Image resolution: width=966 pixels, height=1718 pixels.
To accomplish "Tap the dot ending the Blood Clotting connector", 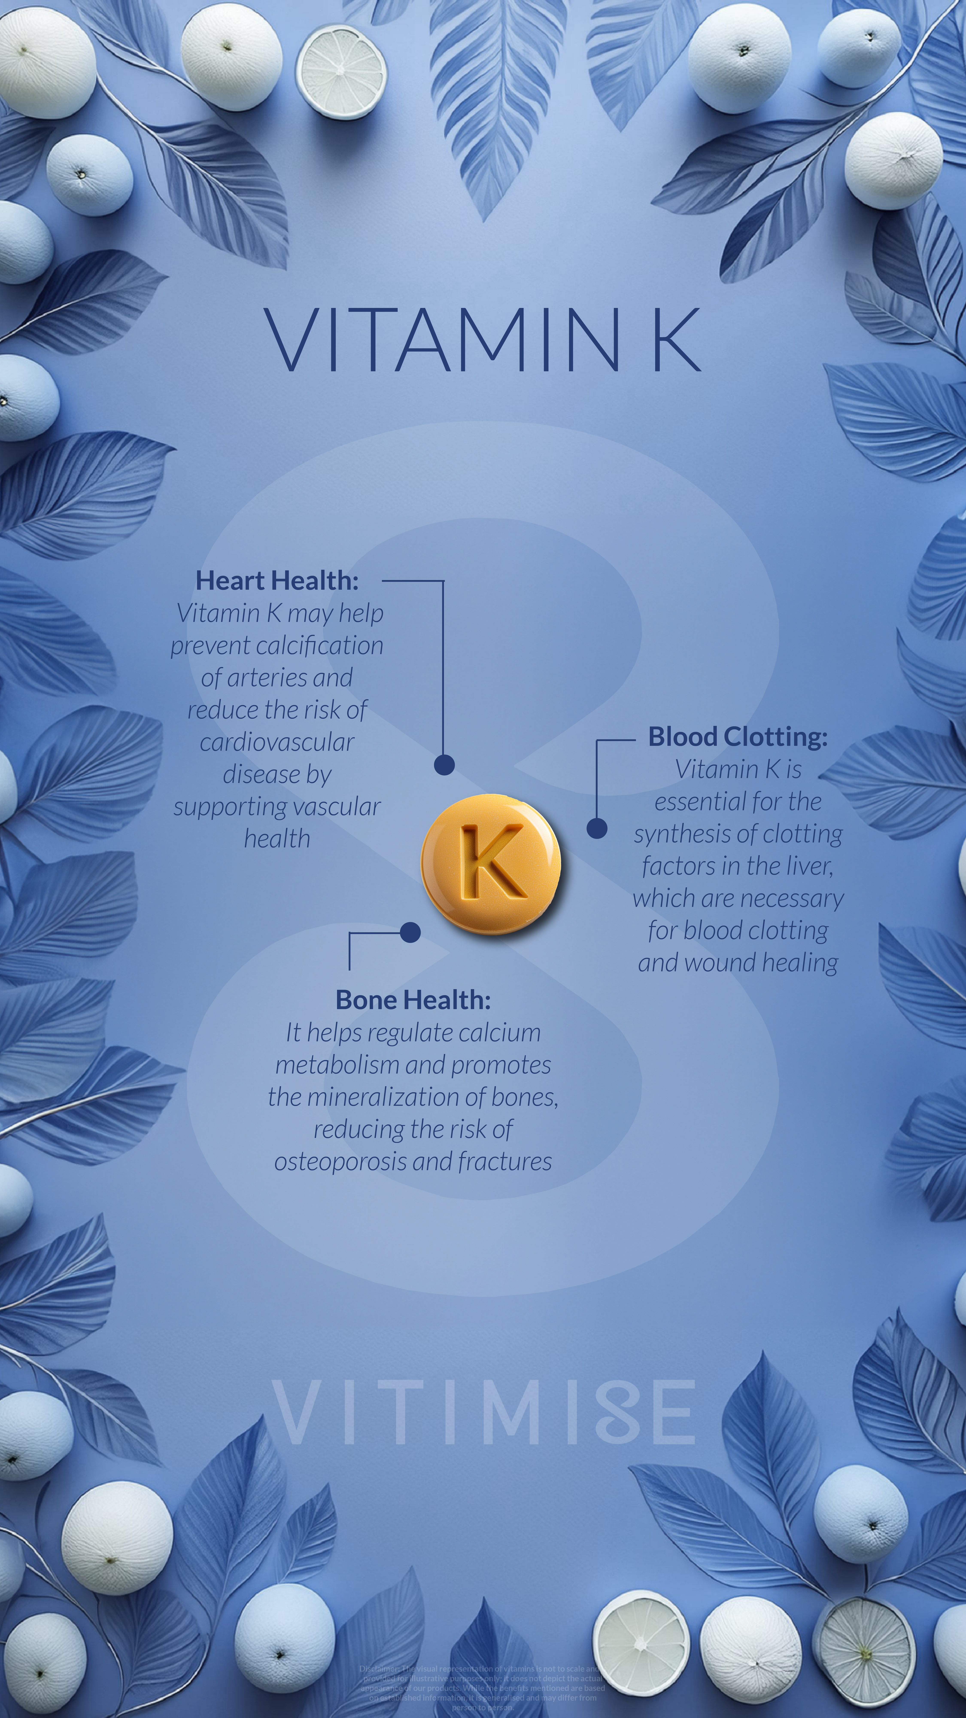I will coord(597,828).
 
